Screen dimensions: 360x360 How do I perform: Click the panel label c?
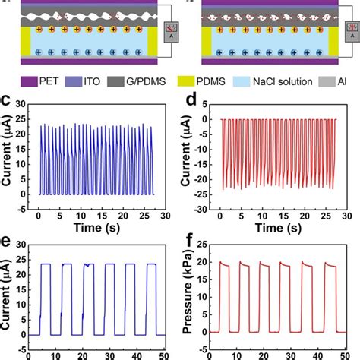click(7, 99)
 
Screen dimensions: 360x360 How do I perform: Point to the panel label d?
click(186, 99)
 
